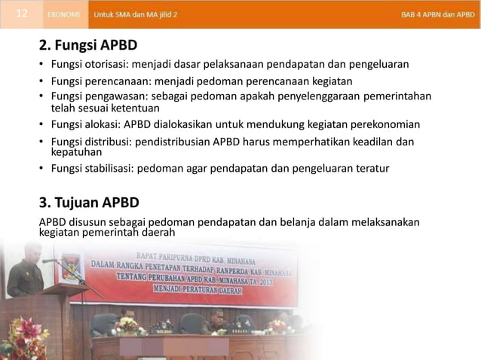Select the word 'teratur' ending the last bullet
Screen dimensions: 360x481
coord(372,168)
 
